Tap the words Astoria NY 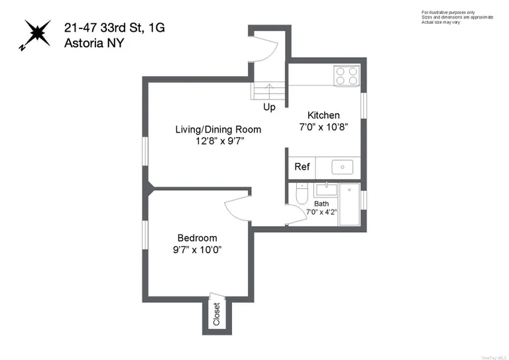click(x=93, y=43)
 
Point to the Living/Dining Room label click(x=218, y=129)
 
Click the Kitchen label click(x=323, y=115)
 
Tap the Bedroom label click(x=197, y=238)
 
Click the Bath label click(x=321, y=204)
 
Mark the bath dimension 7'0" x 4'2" click(x=321, y=212)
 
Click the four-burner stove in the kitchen click(x=345, y=76)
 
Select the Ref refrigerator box click(x=302, y=167)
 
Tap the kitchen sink click(x=342, y=167)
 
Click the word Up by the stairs click(x=270, y=107)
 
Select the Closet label click(x=216, y=315)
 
